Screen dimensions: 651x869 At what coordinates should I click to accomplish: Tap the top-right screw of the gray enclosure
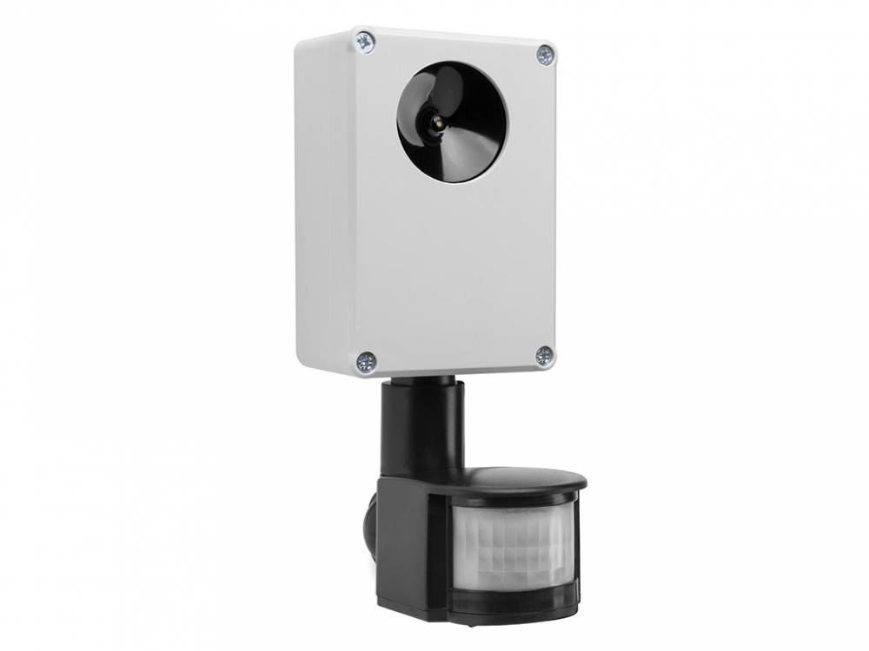click(545, 54)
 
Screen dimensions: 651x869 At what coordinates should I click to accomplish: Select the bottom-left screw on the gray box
click(366, 361)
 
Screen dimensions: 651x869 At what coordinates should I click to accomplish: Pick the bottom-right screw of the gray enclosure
click(544, 355)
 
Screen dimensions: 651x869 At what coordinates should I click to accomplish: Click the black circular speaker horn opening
click(452, 122)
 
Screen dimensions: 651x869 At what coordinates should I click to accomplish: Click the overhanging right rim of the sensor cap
click(580, 481)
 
